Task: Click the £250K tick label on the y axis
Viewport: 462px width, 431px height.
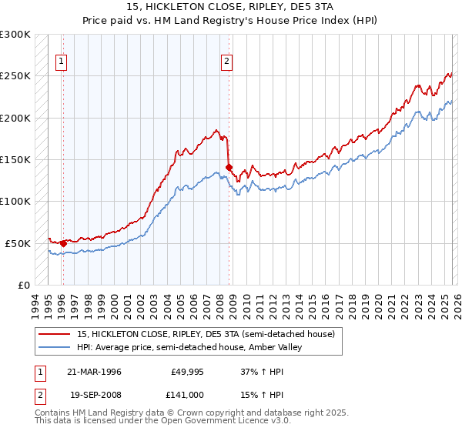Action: [15, 76]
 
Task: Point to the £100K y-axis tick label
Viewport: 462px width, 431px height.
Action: [15, 201]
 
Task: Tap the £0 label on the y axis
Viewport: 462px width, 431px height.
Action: [24, 285]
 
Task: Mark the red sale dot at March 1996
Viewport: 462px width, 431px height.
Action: [63, 243]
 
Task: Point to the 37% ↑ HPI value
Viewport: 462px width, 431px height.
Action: [252, 372]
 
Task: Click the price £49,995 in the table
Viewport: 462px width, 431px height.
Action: [186, 372]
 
